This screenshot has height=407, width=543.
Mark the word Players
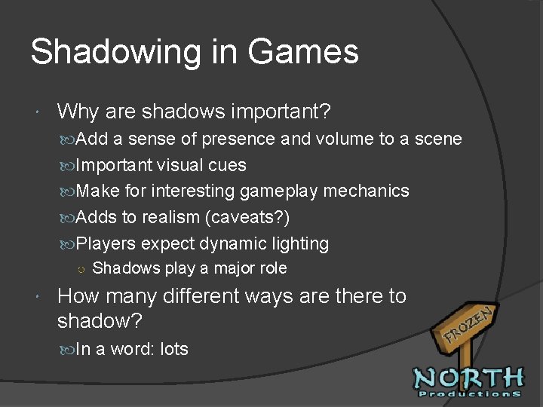(x=106, y=243)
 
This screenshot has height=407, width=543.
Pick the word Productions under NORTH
(x=469, y=393)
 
